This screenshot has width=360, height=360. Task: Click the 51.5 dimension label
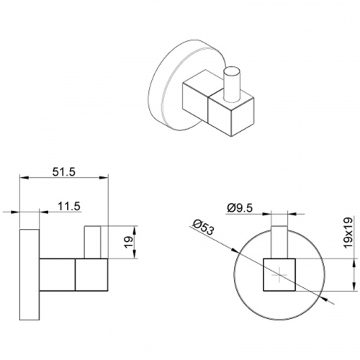(x=64, y=172)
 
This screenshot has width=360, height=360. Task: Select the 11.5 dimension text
(x=69, y=206)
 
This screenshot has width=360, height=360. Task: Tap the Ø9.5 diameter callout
(x=240, y=208)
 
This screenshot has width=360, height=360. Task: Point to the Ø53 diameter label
(x=203, y=228)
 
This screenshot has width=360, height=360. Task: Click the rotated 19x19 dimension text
(x=348, y=233)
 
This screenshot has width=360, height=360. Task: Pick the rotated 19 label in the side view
(x=128, y=242)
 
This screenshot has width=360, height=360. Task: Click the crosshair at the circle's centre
(x=279, y=275)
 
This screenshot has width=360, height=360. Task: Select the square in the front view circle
(x=279, y=275)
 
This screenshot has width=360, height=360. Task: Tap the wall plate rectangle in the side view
(x=30, y=274)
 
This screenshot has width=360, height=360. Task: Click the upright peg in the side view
(x=92, y=242)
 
